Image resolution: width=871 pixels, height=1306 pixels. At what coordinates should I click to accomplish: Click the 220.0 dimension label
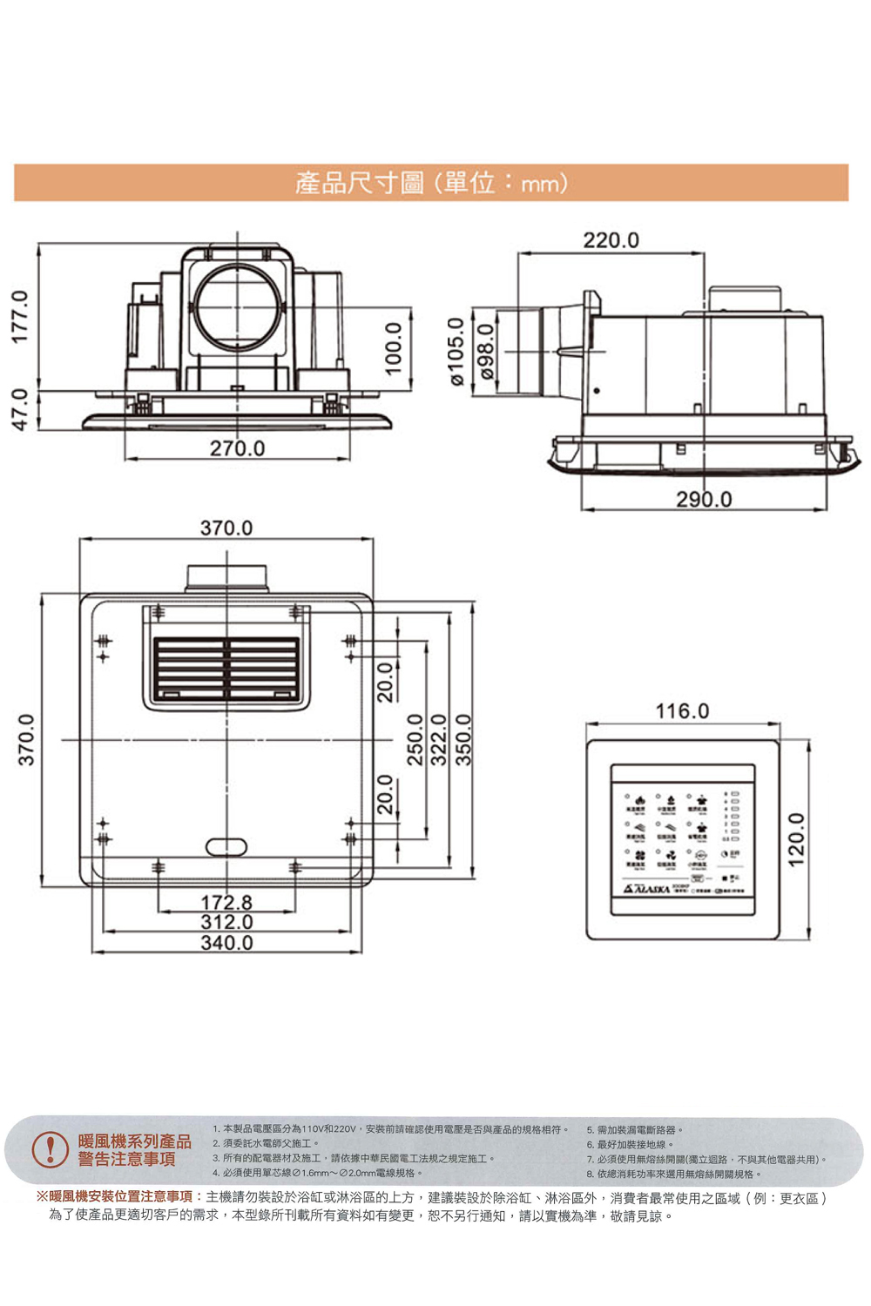[x=611, y=239]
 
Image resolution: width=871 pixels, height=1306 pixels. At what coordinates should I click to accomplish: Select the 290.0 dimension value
[x=704, y=499]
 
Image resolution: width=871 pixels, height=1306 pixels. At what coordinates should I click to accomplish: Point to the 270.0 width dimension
[x=237, y=448]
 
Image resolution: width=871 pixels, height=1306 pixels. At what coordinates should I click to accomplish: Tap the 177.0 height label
[x=23, y=316]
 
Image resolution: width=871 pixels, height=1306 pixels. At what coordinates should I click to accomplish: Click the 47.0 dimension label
[x=23, y=408]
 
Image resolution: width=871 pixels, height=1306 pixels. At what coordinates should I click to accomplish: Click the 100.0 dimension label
[x=394, y=348]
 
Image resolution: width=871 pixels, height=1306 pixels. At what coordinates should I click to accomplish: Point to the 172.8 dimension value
[x=226, y=903]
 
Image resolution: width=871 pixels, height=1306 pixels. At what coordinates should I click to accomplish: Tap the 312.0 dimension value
[x=226, y=922]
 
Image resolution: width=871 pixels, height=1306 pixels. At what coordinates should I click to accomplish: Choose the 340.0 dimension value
[x=226, y=943]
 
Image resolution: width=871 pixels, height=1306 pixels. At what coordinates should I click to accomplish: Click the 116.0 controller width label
[x=682, y=711]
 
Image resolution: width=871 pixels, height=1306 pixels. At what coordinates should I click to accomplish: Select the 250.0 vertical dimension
[x=415, y=739]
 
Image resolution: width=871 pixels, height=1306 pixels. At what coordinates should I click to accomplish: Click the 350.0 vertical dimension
[x=464, y=739]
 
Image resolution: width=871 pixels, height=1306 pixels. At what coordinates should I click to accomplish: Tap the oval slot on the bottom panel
[x=226, y=846]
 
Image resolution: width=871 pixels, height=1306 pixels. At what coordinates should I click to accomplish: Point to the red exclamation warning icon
[x=51, y=1149]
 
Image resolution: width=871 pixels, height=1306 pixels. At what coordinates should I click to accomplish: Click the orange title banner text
[x=431, y=183]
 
